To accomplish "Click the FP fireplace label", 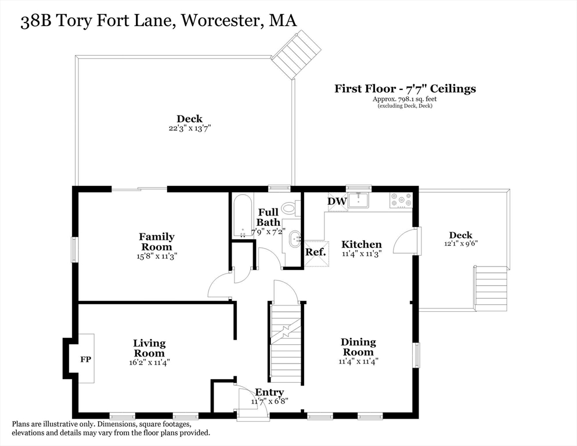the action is pos(86,359).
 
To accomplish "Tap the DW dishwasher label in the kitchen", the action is pos(337,201).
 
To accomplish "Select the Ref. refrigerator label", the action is pos(316,252).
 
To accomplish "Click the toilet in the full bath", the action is pos(290,207).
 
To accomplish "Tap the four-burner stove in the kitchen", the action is pos(402,200).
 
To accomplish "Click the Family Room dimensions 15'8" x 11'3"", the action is pos(157,256).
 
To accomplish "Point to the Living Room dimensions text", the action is pos(149,362).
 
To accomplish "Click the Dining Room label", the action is pos(358,347).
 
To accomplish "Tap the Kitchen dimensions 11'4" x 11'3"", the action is pos(361,253).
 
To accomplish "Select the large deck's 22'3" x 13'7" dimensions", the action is pos(189,128).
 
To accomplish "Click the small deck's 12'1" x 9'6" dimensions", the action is pos(461,243).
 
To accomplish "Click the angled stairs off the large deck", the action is pos(296,55).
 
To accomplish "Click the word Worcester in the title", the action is pos(219,21).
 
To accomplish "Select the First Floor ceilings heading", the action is pos(405,89).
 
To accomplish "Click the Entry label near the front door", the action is pos(269,392).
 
